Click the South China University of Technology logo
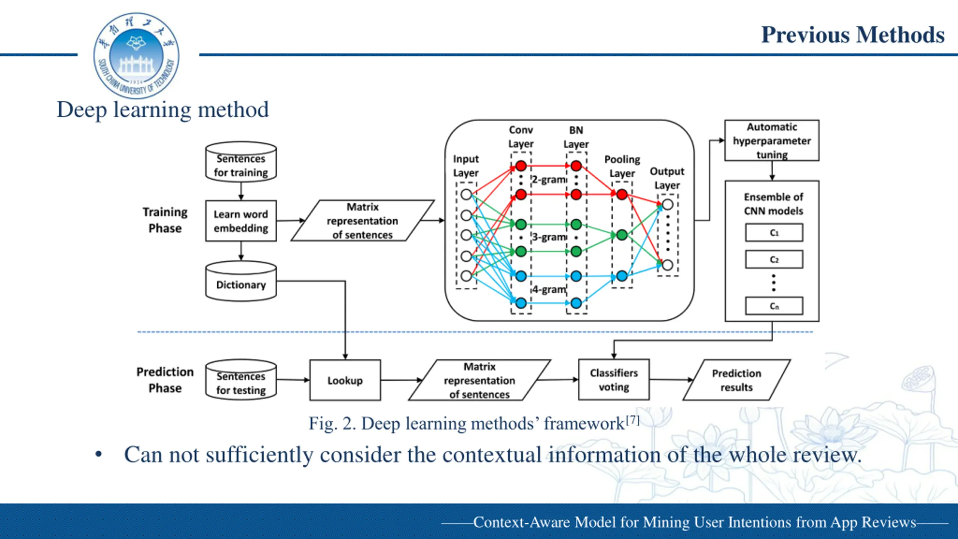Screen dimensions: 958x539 coord(136,56)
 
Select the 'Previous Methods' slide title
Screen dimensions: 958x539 coord(853,35)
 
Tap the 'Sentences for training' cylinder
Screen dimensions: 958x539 coord(241,162)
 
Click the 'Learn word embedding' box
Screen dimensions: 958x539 coord(241,221)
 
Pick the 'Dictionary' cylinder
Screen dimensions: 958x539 coord(241,281)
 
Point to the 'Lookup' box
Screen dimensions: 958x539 coord(345,380)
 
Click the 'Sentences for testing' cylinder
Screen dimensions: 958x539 coord(241,380)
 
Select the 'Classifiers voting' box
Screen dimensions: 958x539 coord(614,380)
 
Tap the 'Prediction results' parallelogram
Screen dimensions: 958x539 coord(736,380)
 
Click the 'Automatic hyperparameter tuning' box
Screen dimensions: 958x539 coord(772,141)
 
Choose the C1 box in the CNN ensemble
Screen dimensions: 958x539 coord(774,233)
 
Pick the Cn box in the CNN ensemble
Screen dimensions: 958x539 coord(774,306)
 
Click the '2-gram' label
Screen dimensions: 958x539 coord(549,180)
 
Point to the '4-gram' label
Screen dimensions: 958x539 coord(549,290)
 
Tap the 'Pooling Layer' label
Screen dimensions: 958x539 coord(622,166)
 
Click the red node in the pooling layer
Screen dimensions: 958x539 coord(622,194)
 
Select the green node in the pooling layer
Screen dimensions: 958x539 coord(622,235)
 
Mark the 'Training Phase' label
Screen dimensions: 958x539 coord(165,220)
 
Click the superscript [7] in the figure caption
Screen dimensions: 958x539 coord(632,420)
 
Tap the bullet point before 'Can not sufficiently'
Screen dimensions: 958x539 coord(98,455)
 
